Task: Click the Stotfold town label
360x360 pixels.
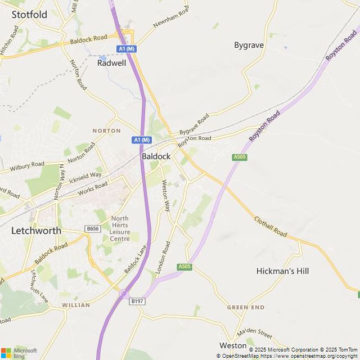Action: click(29, 15)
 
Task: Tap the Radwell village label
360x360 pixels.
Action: click(112, 63)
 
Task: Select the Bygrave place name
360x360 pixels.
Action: click(249, 45)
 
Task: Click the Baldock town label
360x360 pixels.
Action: click(156, 156)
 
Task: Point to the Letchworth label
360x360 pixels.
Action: click(36, 231)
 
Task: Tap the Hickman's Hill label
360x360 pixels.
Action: click(282, 271)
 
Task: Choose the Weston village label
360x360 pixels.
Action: click(233, 345)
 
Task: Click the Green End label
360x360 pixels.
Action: click(245, 308)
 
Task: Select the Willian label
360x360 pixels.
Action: click(76, 305)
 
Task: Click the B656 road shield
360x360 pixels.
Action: click(93, 228)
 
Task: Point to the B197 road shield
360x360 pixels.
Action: click(137, 302)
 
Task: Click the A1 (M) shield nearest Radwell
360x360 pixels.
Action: click(127, 49)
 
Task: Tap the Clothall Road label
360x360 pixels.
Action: click(270, 227)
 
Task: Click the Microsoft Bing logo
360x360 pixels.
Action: click(19, 353)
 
